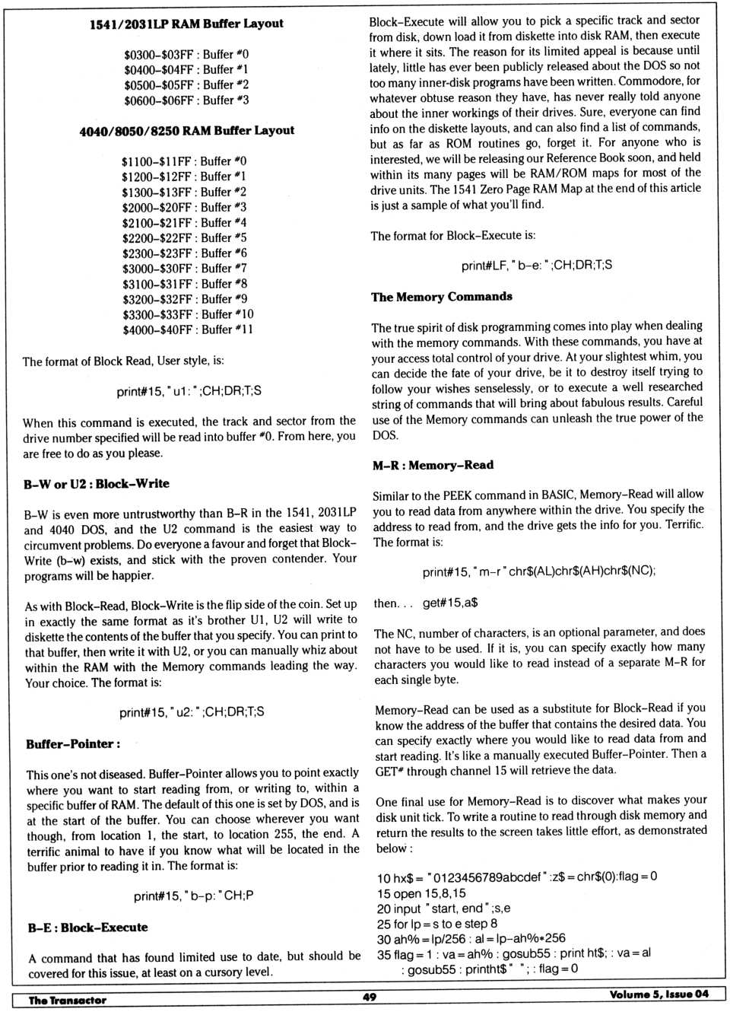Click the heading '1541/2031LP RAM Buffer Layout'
[x=186, y=24]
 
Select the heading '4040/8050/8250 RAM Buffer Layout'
[x=186, y=130]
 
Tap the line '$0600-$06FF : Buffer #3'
[x=186, y=100]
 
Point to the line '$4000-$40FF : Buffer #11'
[x=187, y=329]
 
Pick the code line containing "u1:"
[x=189, y=391]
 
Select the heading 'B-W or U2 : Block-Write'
[x=97, y=483]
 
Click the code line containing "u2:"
[x=192, y=712]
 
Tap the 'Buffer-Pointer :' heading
[x=73, y=743]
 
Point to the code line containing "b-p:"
[x=193, y=896]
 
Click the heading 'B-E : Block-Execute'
[x=87, y=928]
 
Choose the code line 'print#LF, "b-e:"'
[x=536, y=266]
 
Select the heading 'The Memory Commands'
[x=441, y=297]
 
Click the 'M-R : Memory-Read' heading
[x=433, y=465]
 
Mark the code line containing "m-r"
[x=538, y=571]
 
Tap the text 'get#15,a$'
[x=450, y=603]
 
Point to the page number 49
[x=370, y=997]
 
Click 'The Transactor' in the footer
[x=67, y=1000]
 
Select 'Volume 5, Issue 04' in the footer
[x=659, y=994]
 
